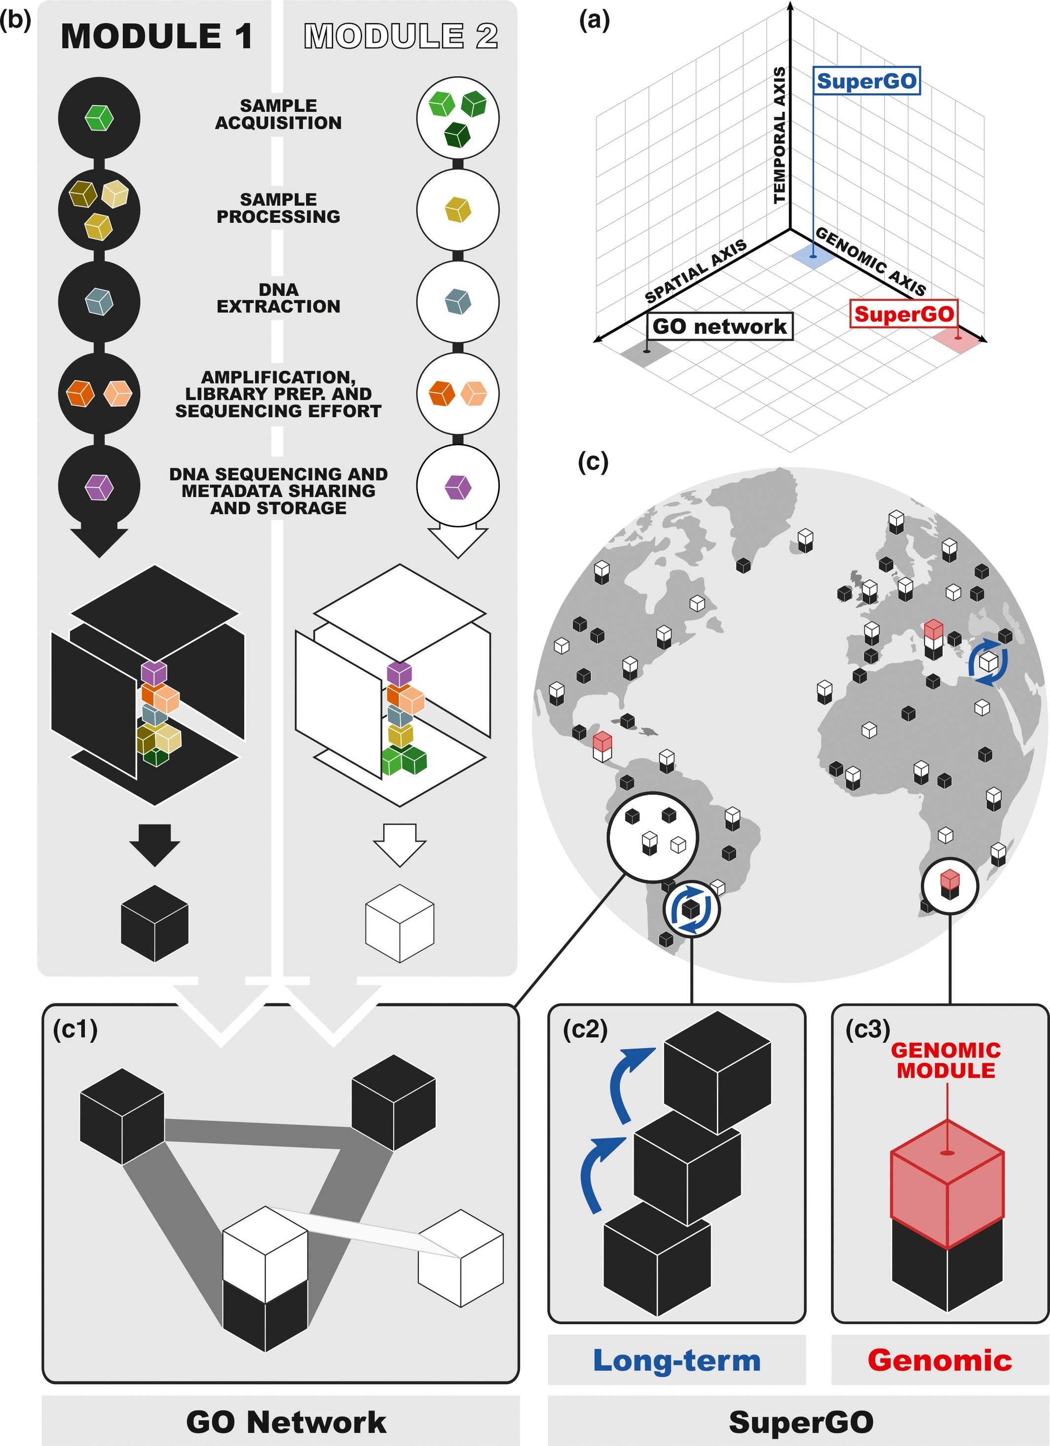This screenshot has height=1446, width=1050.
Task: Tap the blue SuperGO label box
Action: coord(866,81)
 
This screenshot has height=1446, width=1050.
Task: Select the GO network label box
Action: coord(719,326)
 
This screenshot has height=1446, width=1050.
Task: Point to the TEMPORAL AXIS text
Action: coord(780,135)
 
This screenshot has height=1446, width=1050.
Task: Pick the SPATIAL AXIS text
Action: coord(695,271)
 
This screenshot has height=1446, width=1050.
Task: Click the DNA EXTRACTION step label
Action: coord(278,298)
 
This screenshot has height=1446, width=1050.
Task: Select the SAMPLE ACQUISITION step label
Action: coord(278,114)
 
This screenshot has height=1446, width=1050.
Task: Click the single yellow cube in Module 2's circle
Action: coord(457,210)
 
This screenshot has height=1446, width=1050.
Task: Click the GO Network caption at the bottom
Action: coord(286,1422)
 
